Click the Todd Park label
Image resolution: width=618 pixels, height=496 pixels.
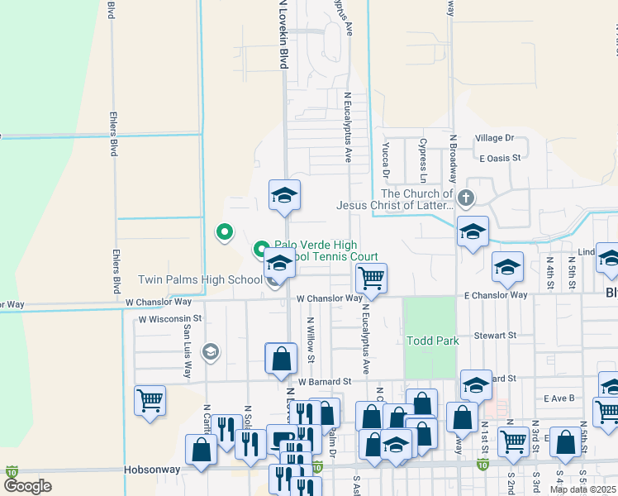click(x=432, y=341)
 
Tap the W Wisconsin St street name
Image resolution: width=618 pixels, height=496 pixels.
click(x=170, y=318)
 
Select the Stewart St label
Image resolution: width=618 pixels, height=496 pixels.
click(x=495, y=336)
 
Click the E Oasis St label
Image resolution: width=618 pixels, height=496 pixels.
click(x=499, y=157)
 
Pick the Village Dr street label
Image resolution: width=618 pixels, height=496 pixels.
click(x=494, y=138)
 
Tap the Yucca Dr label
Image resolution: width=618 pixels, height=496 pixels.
click(x=385, y=159)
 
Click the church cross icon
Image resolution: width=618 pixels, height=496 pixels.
click(x=466, y=198)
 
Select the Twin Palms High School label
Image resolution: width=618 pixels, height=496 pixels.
click(x=200, y=280)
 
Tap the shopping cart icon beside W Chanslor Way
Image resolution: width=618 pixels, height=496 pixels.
click(x=372, y=278)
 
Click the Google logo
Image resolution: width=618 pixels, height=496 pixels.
click(x=27, y=486)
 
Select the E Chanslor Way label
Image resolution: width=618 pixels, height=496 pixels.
click(x=495, y=295)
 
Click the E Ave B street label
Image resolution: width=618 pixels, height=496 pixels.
click(x=559, y=398)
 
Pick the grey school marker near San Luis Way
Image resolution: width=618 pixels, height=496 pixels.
click(x=210, y=353)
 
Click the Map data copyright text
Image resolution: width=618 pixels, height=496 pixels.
click(x=583, y=489)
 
